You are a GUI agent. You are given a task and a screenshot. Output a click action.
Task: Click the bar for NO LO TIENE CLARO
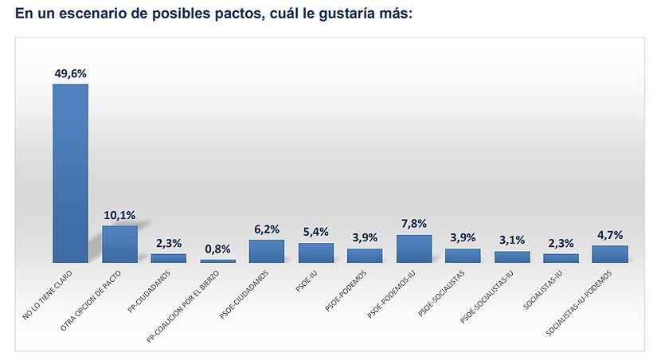point(70,173)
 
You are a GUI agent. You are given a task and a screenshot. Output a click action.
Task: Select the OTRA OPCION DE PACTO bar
point(119,244)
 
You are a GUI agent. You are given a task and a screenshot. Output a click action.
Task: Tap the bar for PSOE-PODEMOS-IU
point(414,248)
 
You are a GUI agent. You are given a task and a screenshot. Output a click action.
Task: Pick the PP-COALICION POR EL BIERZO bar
point(217,260)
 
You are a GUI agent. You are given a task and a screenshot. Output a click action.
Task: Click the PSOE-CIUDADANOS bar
point(267,251)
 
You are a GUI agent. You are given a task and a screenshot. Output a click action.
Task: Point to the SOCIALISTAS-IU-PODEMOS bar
point(610,253)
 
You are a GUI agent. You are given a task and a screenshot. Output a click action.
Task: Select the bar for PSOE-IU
point(316,252)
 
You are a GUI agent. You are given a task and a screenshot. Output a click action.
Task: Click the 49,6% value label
point(70,73)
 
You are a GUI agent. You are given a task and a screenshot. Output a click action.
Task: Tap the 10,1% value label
point(119,215)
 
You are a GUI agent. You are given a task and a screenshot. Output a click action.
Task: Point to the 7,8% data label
point(414,224)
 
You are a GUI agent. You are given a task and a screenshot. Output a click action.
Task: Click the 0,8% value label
point(217,248)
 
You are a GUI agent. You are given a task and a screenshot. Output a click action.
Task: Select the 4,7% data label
point(610,234)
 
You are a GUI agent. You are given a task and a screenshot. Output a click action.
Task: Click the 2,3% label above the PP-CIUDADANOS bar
point(169,243)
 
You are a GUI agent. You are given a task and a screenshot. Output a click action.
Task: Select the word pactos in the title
point(234,13)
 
